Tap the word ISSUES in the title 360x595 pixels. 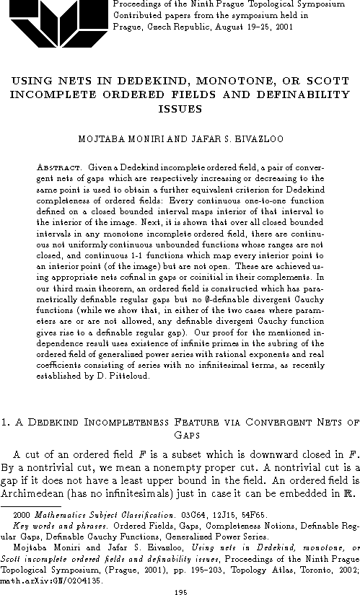179,108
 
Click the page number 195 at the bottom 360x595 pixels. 180,590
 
